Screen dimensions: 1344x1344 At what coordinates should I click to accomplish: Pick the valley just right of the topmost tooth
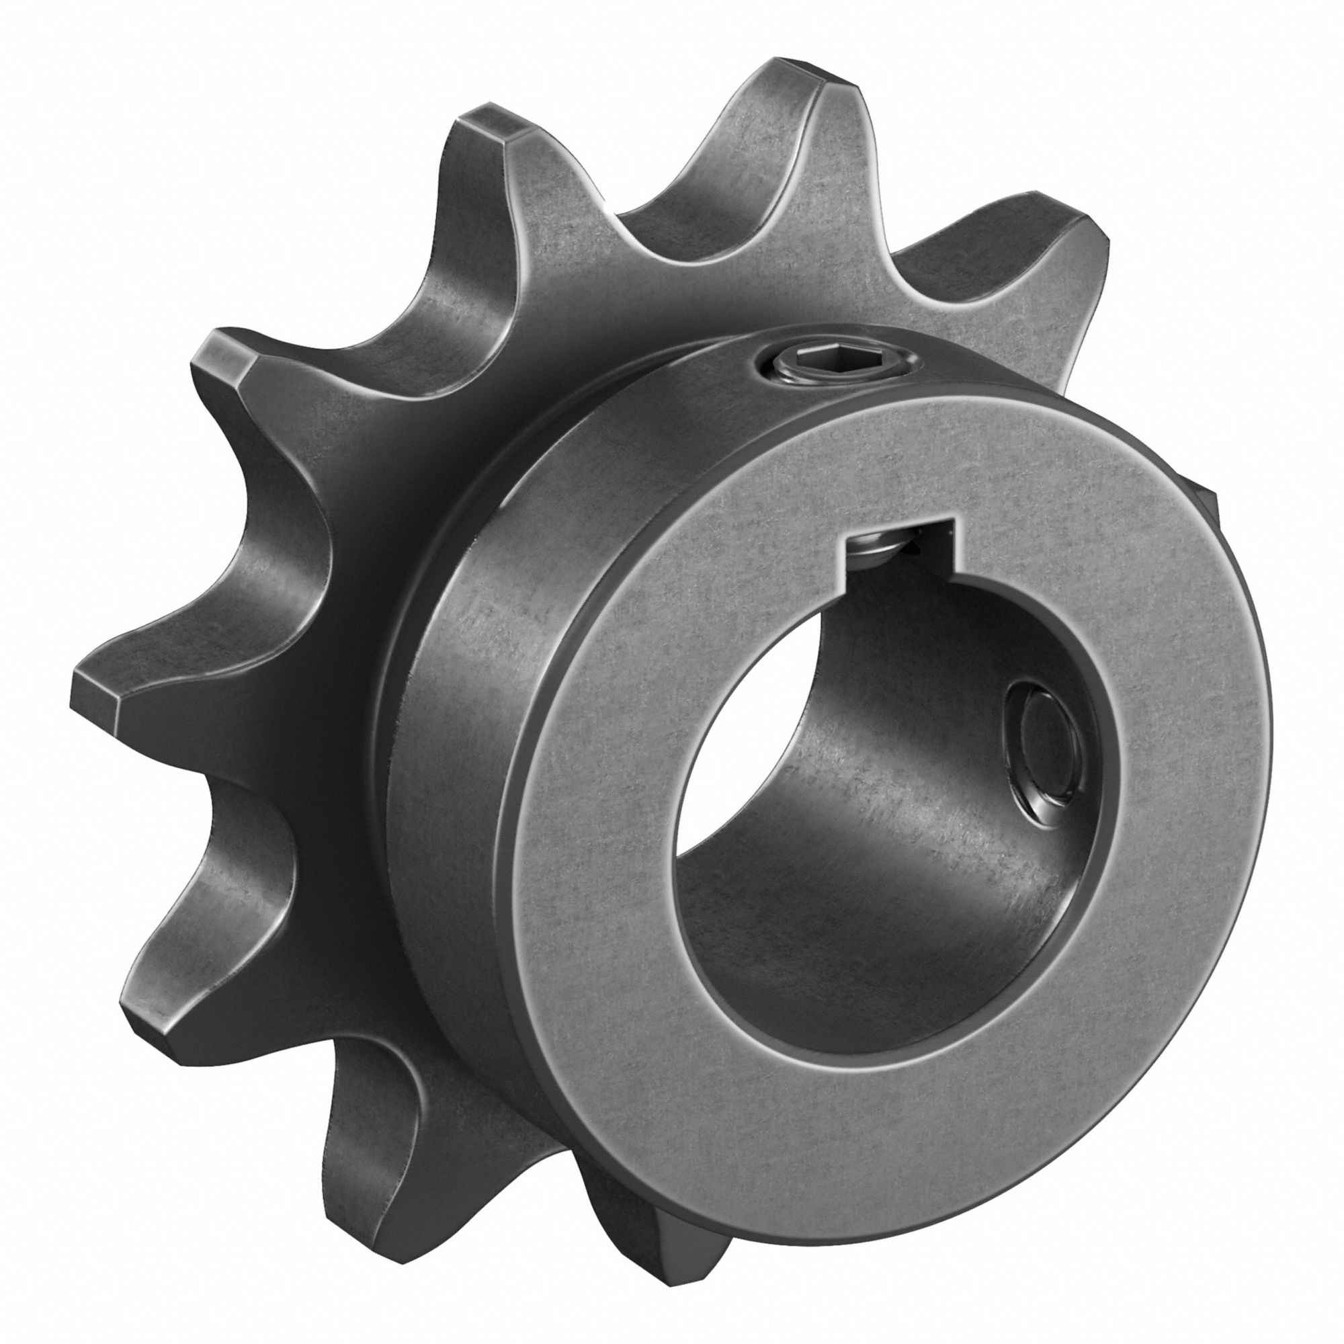click(925, 278)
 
